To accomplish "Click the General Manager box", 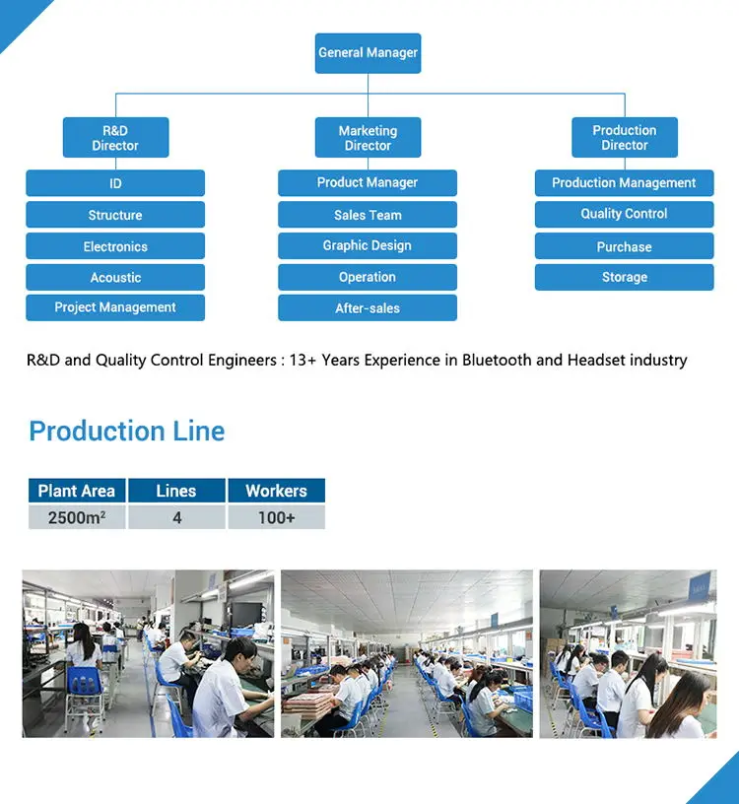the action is (368, 53).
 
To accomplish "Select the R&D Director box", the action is (115, 138).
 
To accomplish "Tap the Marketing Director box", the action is (368, 138).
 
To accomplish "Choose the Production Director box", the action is (625, 138).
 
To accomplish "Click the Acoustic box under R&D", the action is (115, 278).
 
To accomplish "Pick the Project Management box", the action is (115, 307).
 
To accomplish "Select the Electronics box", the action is (115, 246).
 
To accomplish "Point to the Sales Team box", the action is (368, 215).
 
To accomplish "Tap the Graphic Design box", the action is (368, 246).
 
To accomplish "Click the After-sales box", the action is (368, 308).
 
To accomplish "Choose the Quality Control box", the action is (625, 214).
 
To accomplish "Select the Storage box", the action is (625, 277).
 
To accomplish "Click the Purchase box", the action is (625, 246).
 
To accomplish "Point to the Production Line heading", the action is (127, 432).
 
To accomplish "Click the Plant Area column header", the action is (77, 491).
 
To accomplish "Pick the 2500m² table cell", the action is (77, 517).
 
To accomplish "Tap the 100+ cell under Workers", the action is (276, 517).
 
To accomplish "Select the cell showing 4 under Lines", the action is (176, 517).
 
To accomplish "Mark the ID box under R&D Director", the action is (115, 183).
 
